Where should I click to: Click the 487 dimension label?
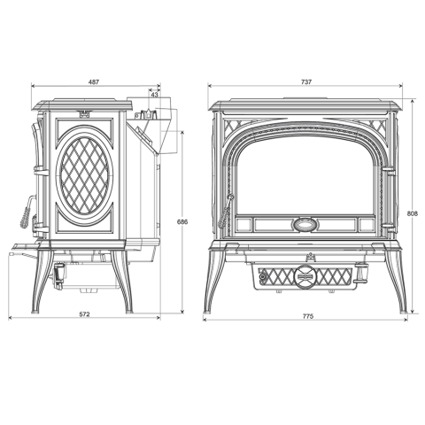coord(94,82)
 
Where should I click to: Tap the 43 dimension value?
coord(154,95)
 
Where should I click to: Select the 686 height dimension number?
coord(182,221)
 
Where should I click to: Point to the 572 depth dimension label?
coord(84,314)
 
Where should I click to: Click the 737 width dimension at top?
coord(306,82)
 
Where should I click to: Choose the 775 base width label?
coord(307,316)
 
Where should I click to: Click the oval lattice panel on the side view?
coord(84,176)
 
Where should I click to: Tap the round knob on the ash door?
coord(304,276)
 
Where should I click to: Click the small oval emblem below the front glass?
coord(305,225)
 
